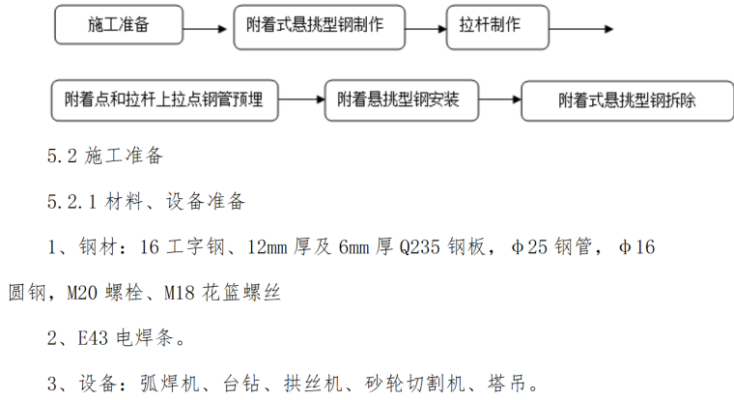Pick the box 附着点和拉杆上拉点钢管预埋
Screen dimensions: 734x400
click(170, 100)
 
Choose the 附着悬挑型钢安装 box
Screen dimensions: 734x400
click(397, 100)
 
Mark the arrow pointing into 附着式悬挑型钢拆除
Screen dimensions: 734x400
click(495, 100)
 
